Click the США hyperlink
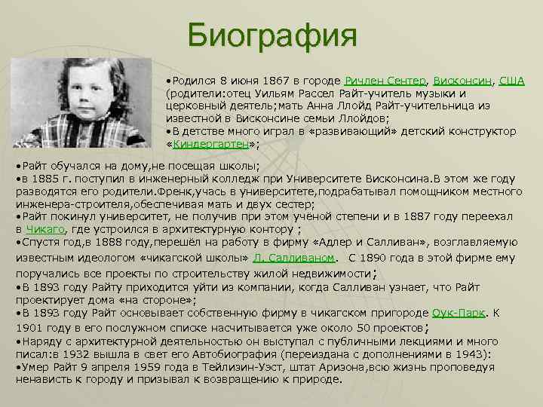512,81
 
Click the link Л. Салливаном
297,258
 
